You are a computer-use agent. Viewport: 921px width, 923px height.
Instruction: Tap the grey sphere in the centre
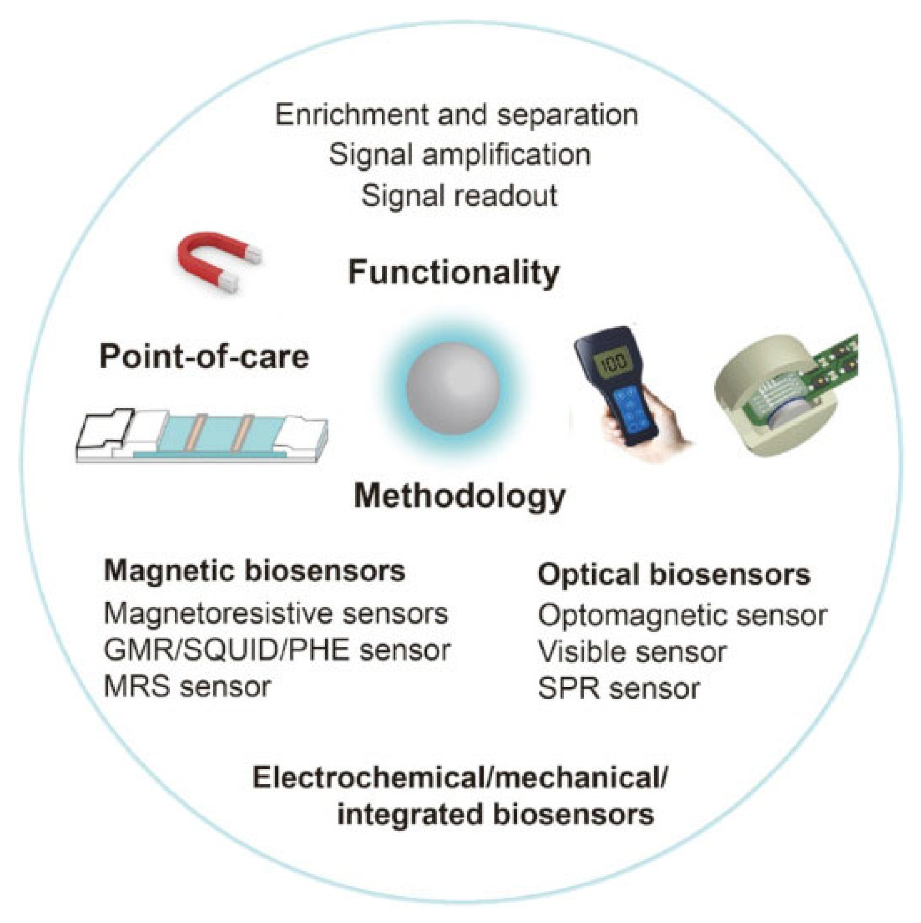point(453,388)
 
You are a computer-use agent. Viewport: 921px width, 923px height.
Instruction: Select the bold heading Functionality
point(454,272)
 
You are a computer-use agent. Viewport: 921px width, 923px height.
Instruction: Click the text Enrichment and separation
point(456,115)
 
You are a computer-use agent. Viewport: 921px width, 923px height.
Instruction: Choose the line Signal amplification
point(459,155)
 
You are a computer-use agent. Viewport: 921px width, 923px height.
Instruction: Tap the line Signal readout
point(459,196)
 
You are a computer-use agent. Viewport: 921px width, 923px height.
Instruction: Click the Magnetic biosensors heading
point(255,571)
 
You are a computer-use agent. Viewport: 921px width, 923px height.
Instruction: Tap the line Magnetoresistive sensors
point(276,613)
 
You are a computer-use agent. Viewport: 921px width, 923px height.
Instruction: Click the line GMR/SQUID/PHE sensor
point(277,650)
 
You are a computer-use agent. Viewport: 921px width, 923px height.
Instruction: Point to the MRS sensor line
point(187,686)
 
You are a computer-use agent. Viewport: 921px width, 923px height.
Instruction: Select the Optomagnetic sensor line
point(682,616)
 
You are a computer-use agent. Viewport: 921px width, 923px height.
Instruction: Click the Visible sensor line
point(632,652)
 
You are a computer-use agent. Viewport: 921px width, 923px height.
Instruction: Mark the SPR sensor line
point(619,689)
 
